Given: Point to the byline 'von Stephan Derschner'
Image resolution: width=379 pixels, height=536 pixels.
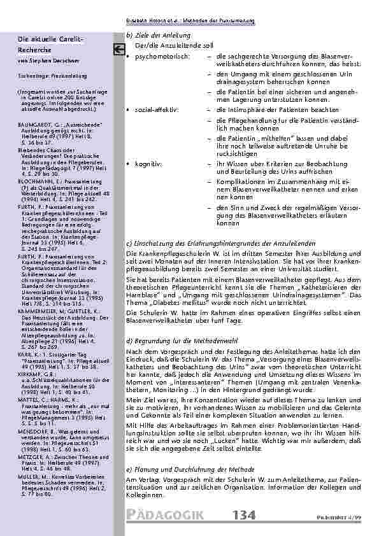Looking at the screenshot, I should (42, 60).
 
